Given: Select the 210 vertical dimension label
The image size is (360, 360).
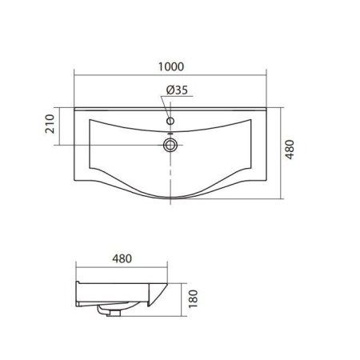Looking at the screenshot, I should [x=50, y=125].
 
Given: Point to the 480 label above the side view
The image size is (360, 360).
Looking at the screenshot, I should [x=122, y=259].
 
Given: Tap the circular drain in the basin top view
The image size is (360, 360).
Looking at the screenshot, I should [x=170, y=145].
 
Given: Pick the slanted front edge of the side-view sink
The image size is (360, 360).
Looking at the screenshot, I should [x=160, y=298].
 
